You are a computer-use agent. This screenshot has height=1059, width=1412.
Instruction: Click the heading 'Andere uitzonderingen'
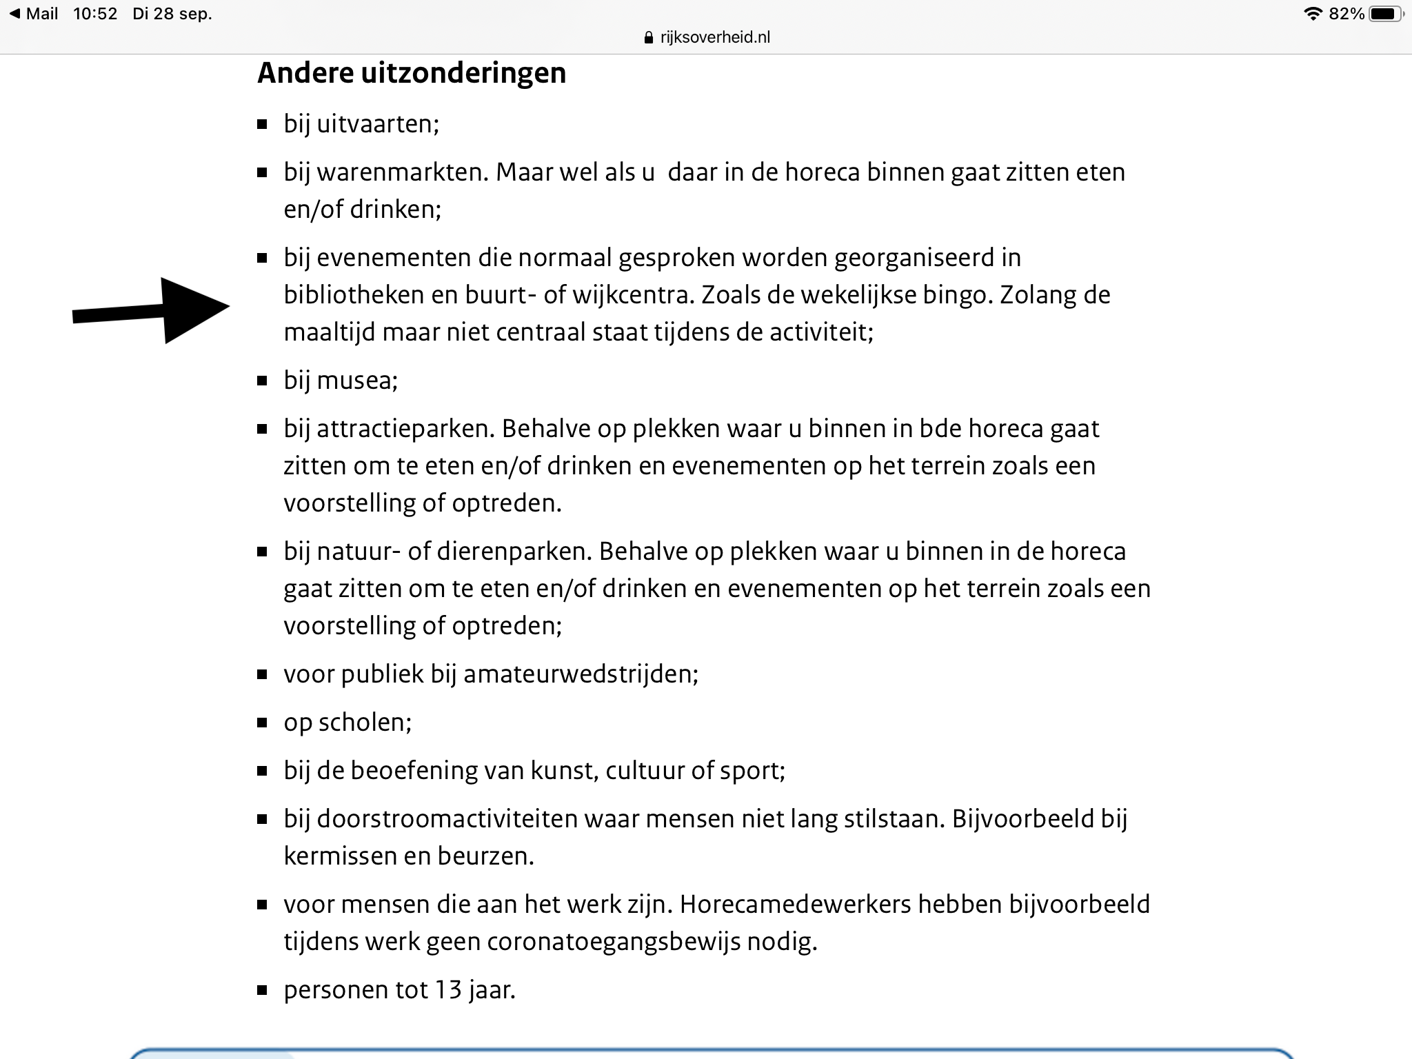411,73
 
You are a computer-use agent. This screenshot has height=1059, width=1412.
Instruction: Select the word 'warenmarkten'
403,172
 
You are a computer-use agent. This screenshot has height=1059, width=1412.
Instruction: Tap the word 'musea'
354,381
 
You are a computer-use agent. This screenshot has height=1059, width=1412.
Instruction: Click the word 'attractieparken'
405,429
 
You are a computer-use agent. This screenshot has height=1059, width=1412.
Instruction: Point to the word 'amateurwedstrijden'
580,674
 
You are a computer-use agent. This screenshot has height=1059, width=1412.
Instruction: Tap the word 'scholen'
364,723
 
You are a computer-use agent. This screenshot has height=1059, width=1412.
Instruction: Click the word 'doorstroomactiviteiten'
447,819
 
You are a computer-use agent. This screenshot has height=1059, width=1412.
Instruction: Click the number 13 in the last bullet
447,990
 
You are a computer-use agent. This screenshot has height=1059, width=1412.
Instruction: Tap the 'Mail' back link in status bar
34,14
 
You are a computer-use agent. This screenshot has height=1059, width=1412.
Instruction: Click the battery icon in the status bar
1384,14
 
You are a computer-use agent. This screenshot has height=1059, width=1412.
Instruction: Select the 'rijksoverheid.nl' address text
714,37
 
